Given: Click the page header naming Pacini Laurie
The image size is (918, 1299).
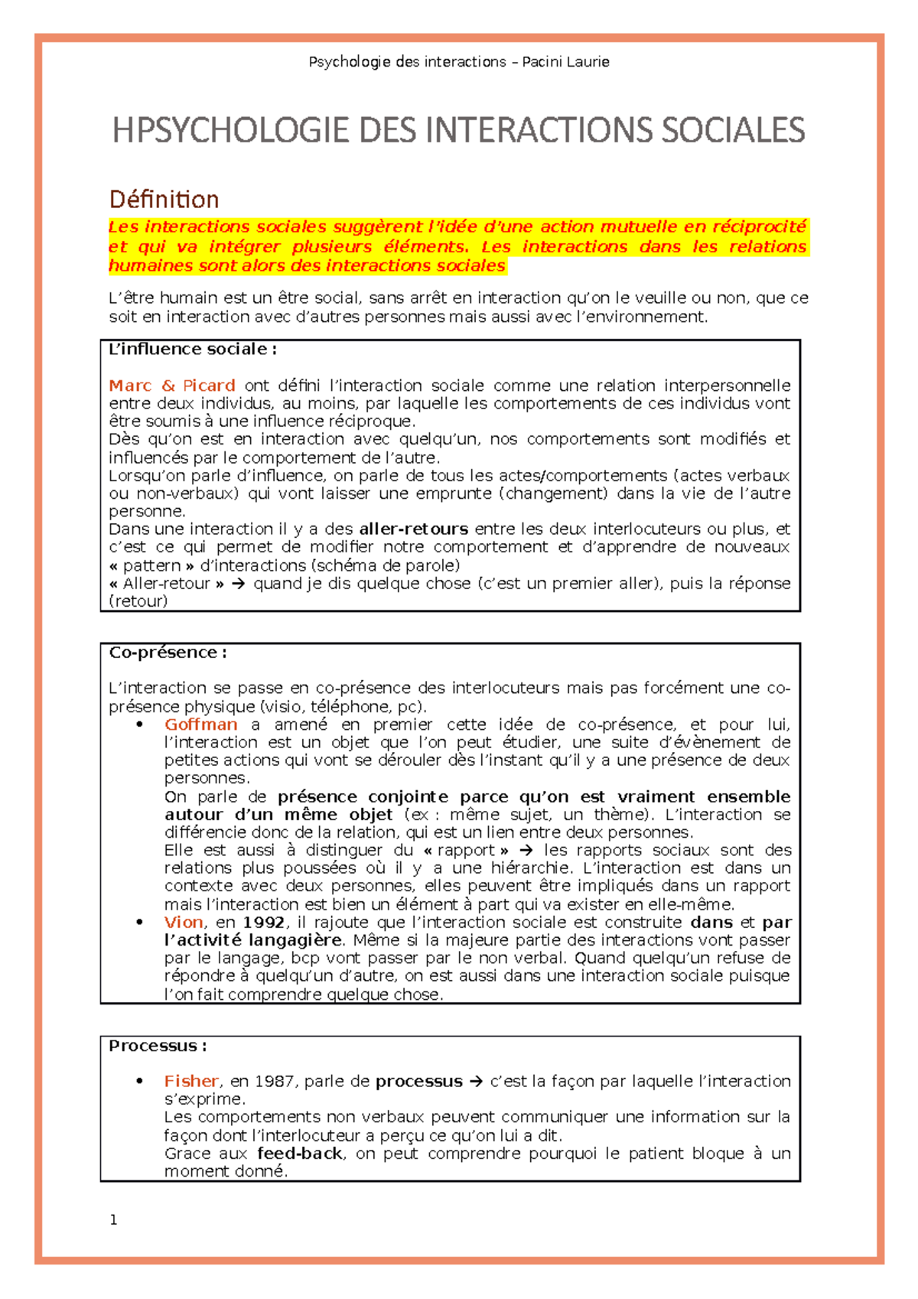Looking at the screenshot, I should coord(459,62).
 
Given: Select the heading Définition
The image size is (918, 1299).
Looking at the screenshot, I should coord(164,200).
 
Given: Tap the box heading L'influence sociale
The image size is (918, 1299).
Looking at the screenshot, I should coord(192,350).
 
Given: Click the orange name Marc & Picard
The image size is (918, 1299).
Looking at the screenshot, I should coord(171,386).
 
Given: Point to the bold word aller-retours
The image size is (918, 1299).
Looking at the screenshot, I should coord(413,529).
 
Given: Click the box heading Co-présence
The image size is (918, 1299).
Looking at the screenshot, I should coord(168,653).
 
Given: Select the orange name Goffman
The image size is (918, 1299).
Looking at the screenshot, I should coord(200,724).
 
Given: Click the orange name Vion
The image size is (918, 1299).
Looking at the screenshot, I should coord(184,923).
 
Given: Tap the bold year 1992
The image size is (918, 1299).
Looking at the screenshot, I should coord(264,923).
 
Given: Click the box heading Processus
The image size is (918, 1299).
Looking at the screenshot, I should coord(158,1046).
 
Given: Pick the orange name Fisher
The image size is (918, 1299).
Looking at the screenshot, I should coord(191,1081).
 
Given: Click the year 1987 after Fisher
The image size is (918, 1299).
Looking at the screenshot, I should coord(273,1081).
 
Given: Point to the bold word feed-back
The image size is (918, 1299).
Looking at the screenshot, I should coord(299,1154).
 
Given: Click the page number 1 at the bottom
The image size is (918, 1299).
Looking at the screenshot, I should coord(114,1220).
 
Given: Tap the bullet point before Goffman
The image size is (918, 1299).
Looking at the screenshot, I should coord(140,724).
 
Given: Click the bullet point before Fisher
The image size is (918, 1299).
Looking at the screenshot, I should coord(140,1081).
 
